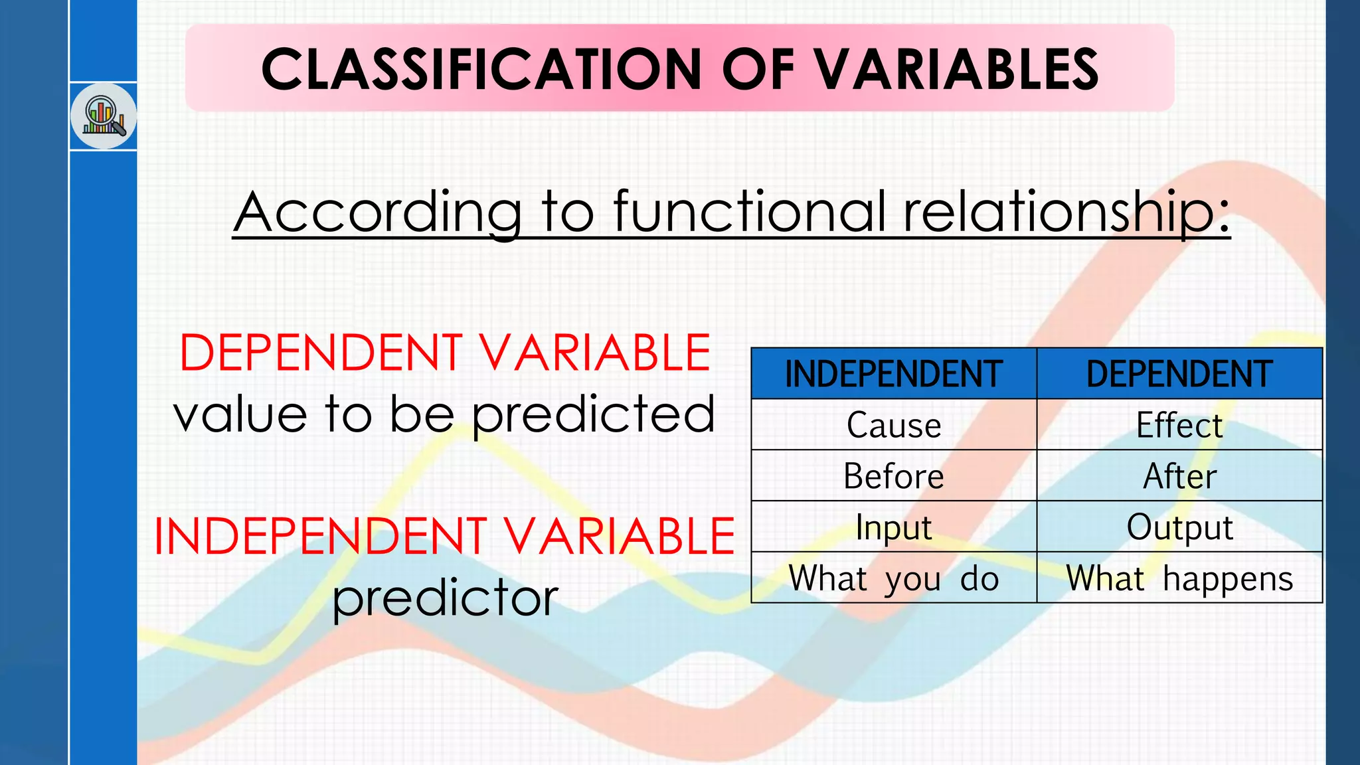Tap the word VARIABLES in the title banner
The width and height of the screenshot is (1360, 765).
(956, 69)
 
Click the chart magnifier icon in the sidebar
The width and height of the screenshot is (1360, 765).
(104, 116)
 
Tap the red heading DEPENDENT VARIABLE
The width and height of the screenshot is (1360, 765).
(445, 353)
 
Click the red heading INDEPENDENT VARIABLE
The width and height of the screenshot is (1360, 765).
(444, 537)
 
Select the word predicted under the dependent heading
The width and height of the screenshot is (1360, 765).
(594, 415)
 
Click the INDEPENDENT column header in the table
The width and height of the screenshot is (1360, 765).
(894, 374)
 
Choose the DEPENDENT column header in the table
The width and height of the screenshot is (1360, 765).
(1179, 374)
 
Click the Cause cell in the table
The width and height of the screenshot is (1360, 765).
(894, 425)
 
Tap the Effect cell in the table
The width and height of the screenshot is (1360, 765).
(1179, 425)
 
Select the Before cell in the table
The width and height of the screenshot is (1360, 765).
(894, 476)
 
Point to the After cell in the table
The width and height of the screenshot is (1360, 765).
(1179, 476)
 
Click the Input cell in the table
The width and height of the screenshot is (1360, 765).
(894, 527)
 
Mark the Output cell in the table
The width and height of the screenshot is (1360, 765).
(1179, 527)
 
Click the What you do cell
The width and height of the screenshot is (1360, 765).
(894, 578)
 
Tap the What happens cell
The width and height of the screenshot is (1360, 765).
(1179, 578)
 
